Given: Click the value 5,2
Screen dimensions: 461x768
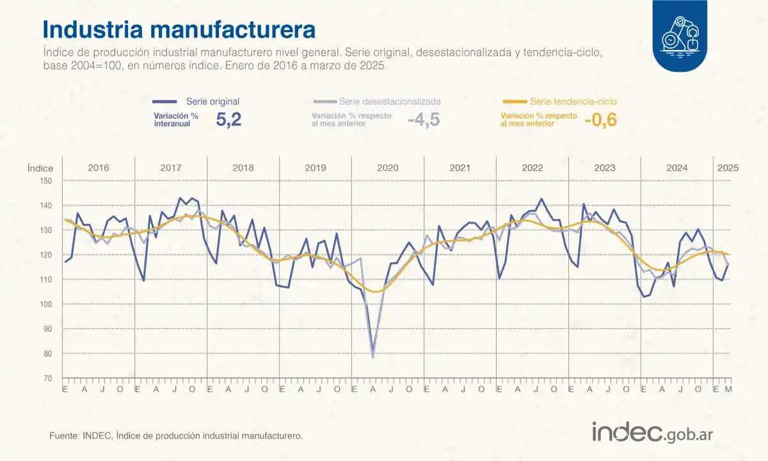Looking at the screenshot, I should pyautogui.click(x=228, y=120).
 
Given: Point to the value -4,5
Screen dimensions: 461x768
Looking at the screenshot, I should pyautogui.click(x=424, y=120).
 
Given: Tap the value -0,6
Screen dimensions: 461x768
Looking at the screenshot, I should pyautogui.click(x=600, y=120).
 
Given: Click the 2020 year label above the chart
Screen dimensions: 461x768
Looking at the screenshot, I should pyautogui.click(x=387, y=168).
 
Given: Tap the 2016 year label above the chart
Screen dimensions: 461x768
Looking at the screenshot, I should pyautogui.click(x=98, y=168).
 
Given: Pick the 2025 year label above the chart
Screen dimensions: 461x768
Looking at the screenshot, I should pyautogui.click(x=728, y=168).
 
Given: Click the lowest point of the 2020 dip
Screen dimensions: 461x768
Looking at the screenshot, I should pyautogui.click(x=372, y=357).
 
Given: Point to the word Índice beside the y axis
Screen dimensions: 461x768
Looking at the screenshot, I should pyautogui.click(x=40, y=168).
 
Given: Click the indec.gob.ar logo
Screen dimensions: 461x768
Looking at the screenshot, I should pyautogui.click(x=652, y=433).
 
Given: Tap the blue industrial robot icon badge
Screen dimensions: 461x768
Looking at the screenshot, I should pyautogui.click(x=680, y=36).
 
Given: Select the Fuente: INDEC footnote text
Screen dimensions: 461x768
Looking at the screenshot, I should pyautogui.click(x=175, y=435).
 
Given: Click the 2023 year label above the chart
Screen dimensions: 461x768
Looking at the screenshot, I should pyautogui.click(x=605, y=168).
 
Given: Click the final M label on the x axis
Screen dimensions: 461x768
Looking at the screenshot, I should pyautogui.click(x=728, y=389).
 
